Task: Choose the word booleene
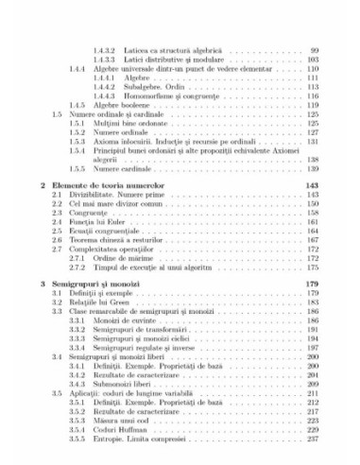pyautogui.click(x=126, y=104)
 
